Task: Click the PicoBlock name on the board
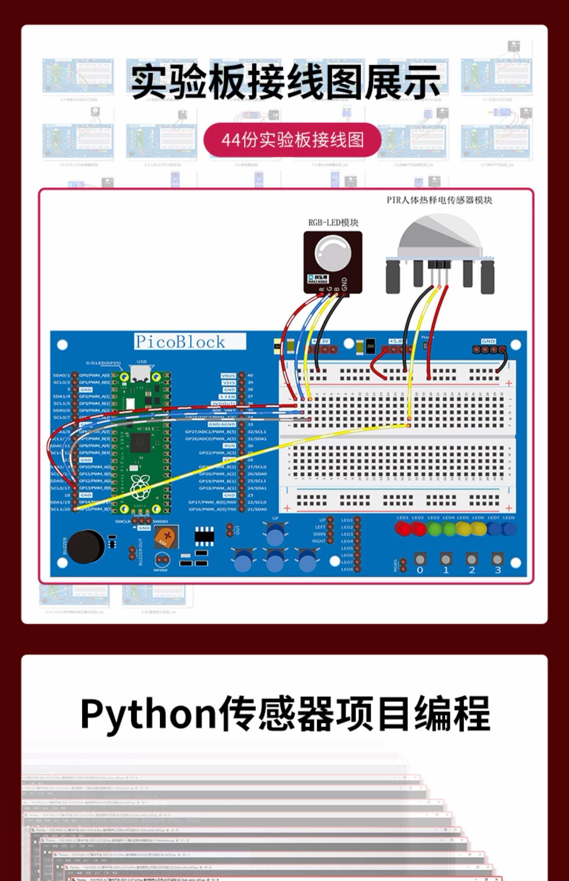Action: pyautogui.click(x=181, y=342)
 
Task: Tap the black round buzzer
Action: pyautogui.click(x=86, y=546)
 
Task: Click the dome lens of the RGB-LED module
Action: pyautogui.click(x=333, y=252)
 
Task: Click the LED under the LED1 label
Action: pyautogui.click(x=402, y=529)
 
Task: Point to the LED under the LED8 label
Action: pyautogui.click(x=509, y=529)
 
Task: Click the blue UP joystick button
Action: pyautogui.click(x=275, y=534)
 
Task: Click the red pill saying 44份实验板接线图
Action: pyautogui.click(x=292, y=140)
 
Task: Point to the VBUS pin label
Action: pyautogui.click(x=228, y=375)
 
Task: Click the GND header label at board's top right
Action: pyautogui.click(x=488, y=341)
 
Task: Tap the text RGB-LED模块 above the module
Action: pyautogui.click(x=333, y=223)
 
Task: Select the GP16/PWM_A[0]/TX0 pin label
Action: pyautogui.click(x=212, y=509)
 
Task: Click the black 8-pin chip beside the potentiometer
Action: pyautogui.click(x=204, y=536)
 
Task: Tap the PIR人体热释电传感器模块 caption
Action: pyautogui.click(x=439, y=200)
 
